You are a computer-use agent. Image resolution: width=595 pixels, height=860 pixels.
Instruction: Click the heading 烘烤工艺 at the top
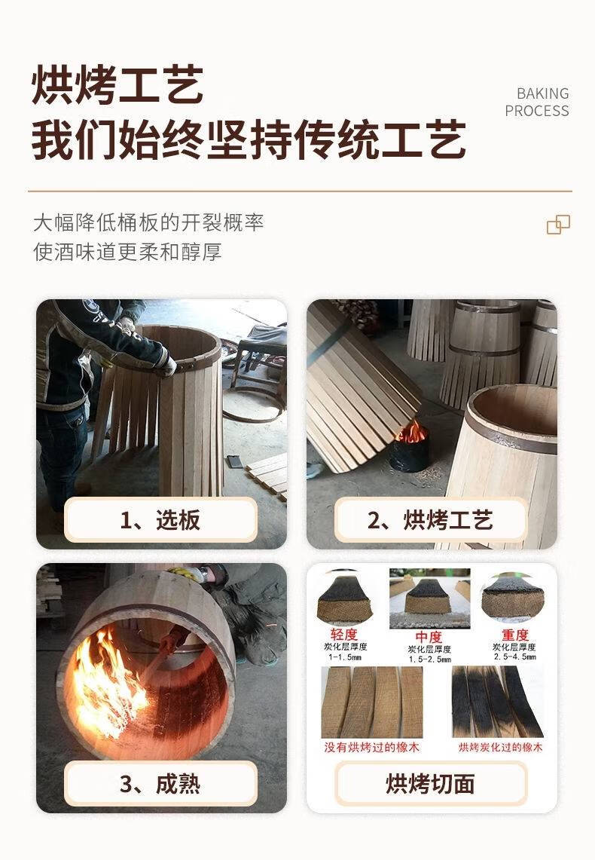(117, 85)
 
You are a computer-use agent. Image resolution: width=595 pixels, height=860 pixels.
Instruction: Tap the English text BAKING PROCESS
(537, 102)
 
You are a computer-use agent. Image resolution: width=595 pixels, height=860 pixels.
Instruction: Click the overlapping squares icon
(558, 225)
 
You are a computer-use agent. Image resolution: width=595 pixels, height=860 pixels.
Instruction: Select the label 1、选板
(160, 519)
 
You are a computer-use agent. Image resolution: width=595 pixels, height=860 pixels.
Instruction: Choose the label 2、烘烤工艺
(430, 519)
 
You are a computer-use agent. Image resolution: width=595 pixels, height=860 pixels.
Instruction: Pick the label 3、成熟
(160, 784)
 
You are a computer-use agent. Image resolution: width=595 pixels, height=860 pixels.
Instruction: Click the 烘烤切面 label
(430, 784)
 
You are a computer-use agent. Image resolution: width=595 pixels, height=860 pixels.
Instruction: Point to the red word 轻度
(344, 635)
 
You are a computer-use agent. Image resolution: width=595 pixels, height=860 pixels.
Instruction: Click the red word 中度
(429, 637)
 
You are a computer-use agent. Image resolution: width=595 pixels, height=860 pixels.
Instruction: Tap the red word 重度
(515, 635)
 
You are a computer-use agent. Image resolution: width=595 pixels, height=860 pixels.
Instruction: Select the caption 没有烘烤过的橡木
(371, 747)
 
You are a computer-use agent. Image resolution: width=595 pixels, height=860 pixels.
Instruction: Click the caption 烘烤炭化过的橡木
(499, 747)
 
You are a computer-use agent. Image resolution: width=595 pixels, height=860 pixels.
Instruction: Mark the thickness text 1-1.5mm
(345, 656)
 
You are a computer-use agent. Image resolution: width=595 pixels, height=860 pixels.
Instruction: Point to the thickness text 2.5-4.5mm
(515, 656)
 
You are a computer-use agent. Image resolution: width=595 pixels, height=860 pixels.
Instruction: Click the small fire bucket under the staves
(410, 450)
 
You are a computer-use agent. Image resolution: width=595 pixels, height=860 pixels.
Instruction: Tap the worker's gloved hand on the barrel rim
(166, 364)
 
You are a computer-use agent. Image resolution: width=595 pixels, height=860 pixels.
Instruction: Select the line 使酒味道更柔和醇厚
(127, 252)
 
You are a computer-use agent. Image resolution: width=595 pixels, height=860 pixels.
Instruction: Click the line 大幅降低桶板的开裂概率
(148, 222)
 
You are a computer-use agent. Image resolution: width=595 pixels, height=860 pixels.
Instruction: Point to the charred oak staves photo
(498, 702)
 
